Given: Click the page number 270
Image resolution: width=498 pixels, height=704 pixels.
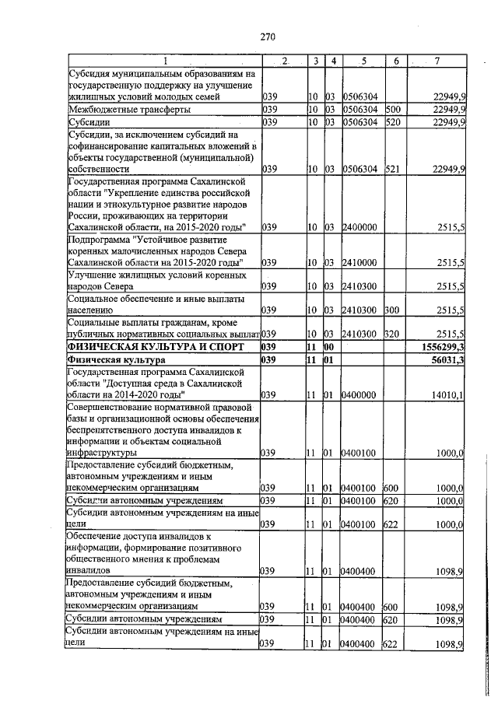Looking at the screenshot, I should pyautogui.click(x=268, y=35).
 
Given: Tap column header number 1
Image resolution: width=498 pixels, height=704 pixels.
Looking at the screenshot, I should pyautogui.click(x=165, y=61).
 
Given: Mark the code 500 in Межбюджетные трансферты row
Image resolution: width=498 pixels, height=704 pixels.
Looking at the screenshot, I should pyautogui.click(x=392, y=110).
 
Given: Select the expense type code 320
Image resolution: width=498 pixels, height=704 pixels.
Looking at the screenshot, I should pyautogui.click(x=392, y=333).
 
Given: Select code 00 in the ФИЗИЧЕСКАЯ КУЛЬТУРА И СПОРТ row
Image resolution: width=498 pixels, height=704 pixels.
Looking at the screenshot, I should pyautogui.click(x=329, y=345).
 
